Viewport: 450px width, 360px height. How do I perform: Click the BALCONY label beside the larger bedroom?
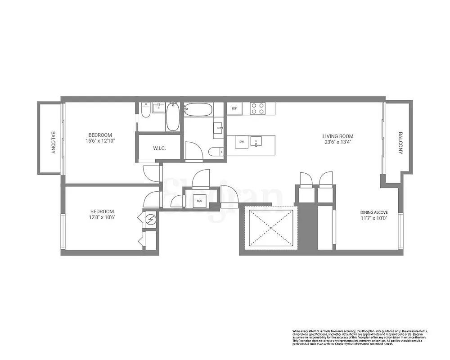53,143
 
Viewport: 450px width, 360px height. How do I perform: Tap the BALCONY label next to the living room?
400,143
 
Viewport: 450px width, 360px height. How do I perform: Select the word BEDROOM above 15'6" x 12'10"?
100,135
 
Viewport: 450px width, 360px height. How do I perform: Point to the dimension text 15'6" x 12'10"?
100,141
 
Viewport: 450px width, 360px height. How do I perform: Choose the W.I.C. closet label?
160,148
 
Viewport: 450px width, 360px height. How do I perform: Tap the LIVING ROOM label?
337,136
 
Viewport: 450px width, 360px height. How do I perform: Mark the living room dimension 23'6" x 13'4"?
337,142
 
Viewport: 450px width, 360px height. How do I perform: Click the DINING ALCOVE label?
373,212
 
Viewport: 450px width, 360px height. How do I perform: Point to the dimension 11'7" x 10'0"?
373,218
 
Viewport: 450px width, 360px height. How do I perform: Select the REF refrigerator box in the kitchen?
234,108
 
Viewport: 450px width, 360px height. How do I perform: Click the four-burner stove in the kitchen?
258,108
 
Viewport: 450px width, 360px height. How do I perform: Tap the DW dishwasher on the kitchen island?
242,142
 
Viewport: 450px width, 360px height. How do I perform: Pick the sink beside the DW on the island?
256,142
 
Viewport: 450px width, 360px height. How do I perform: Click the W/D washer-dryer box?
199,201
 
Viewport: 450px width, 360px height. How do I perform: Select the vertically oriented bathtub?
172,117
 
